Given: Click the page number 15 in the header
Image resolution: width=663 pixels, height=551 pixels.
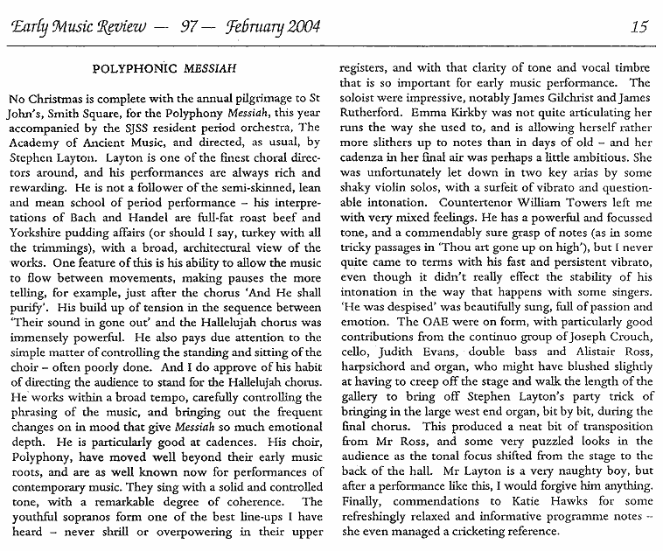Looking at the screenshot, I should pyautogui.click(x=638, y=26).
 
